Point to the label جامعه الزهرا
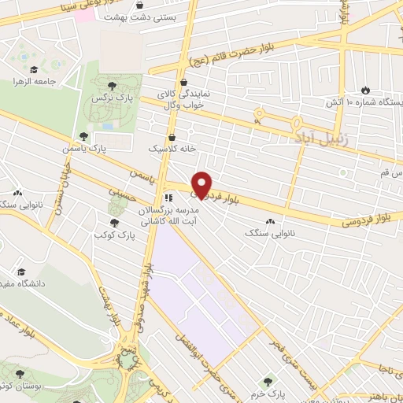pyautogui.click(x=28, y=80)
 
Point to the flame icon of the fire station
pyautogui.click(x=364, y=90)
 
